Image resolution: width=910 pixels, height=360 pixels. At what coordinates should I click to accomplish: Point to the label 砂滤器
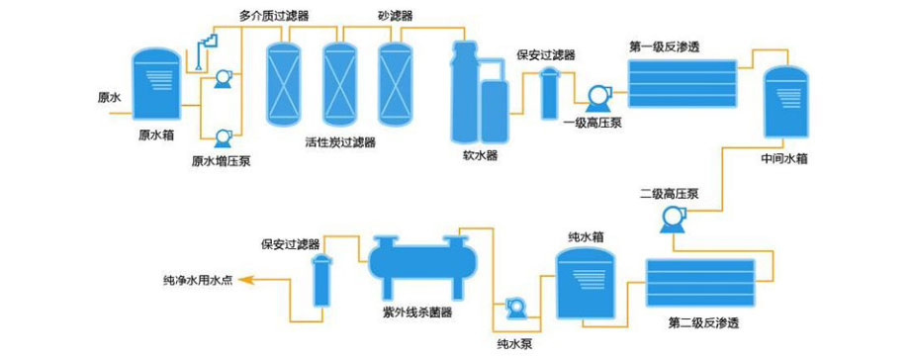[395, 16]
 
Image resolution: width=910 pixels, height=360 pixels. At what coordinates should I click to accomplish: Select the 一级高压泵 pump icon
[597, 97]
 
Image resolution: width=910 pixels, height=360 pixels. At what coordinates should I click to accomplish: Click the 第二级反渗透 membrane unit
[700, 281]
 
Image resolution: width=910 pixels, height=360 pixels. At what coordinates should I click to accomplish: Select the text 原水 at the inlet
[109, 98]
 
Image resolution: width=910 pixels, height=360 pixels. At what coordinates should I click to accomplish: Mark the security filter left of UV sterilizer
[321, 281]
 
